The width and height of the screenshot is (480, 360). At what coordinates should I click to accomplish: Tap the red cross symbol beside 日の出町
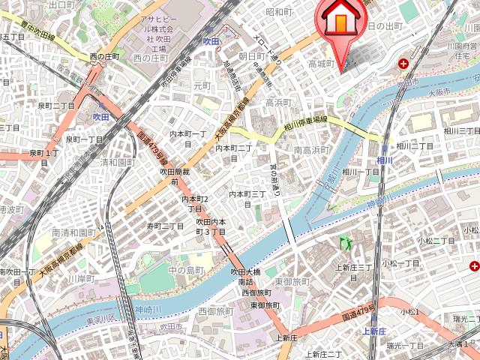point(405,64)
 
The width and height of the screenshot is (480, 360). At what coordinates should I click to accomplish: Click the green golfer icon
point(346,242)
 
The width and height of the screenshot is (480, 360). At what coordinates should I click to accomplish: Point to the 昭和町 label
point(278,12)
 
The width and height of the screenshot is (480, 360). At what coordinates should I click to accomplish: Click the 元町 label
point(203,86)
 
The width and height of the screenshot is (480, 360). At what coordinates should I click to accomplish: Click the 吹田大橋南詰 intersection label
point(245,277)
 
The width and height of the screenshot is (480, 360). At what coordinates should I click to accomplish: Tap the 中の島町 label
point(186,270)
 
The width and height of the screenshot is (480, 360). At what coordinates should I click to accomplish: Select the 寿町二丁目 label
point(165,226)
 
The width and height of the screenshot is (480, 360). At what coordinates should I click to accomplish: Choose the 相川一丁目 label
point(361,172)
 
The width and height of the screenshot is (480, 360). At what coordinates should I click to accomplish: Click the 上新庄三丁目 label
point(354,267)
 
